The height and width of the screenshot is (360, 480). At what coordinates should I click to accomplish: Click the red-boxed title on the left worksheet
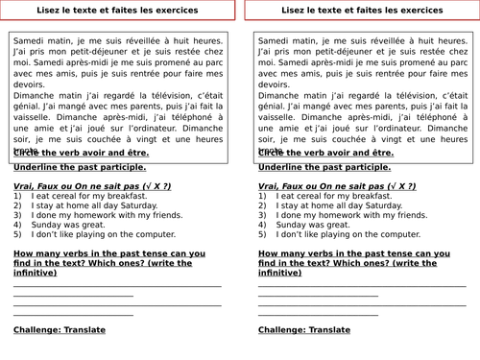coord(116,11)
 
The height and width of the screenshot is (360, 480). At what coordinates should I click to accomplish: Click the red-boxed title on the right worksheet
coord(361,11)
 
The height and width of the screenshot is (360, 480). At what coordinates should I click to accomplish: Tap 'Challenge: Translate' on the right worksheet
coord(304,330)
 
